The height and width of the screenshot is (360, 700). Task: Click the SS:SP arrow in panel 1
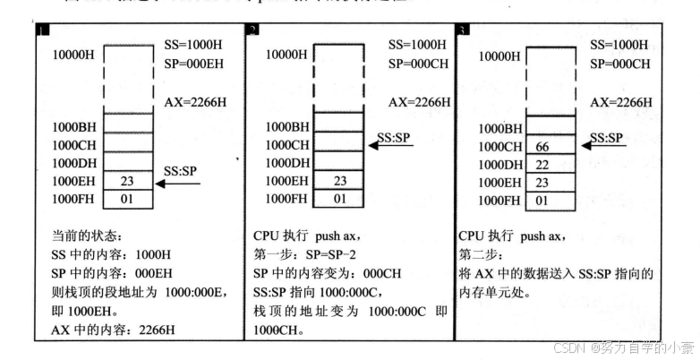[178, 184]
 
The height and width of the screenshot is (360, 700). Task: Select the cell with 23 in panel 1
[126, 182]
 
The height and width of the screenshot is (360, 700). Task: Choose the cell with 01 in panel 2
[339, 199]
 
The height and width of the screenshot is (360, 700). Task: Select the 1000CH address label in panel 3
[499, 147]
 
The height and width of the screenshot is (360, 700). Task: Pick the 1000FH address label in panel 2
[287, 199]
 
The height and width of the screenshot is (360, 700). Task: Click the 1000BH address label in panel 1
[74, 128]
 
